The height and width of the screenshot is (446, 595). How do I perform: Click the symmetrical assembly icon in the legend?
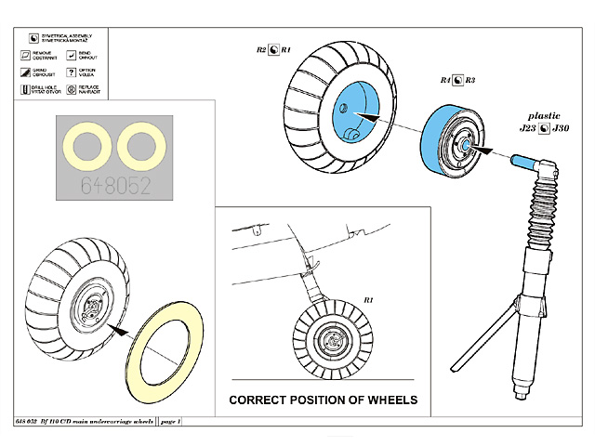point(34,39)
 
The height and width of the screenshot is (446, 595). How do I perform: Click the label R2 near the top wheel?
point(261,48)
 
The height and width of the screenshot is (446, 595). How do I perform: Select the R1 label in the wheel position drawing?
point(368,301)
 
